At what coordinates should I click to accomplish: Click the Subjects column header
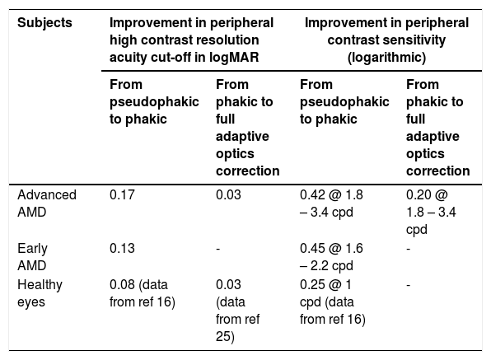click(44, 23)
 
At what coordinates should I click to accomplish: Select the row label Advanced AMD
click(47, 203)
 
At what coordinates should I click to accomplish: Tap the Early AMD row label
click(33, 257)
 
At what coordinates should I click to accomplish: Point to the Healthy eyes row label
click(40, 293)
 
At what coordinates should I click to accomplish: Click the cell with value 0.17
click(122, 194)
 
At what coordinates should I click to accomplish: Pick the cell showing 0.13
click(122, 248)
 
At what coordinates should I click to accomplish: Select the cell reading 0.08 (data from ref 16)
click(143, 293)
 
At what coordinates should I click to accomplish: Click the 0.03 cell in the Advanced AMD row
click(228, 194)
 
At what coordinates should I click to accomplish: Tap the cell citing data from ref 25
click(237, 311)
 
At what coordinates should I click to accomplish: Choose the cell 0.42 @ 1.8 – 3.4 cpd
click(331, 203)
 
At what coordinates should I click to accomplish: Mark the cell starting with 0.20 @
click(431, 213)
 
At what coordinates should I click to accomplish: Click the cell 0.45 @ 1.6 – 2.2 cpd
click(331, 257)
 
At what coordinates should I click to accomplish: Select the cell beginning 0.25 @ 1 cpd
click(333, 302)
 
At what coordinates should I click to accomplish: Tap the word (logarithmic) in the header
click(386, 58)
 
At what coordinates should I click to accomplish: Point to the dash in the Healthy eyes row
click(408, 285)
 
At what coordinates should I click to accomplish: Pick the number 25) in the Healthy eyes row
click(225, 337)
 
